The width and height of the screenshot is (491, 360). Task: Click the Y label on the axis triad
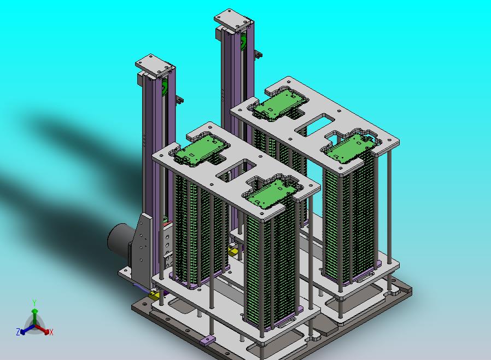(x=34, y=303)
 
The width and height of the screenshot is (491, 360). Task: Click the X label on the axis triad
(x=51, y=333)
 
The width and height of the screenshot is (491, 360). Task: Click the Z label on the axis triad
(x=18, y=332)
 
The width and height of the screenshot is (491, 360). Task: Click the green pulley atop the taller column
(x=244, y=42)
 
